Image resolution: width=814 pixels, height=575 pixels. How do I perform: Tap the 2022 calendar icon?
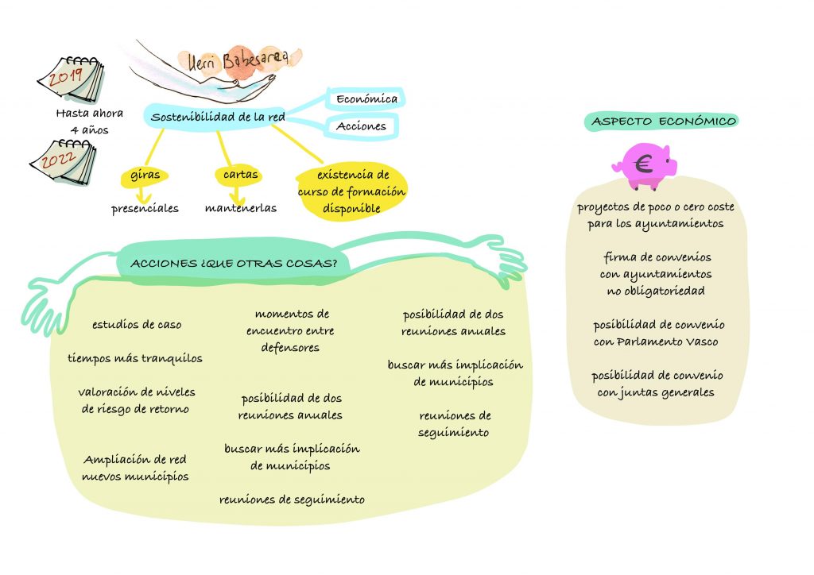click(x=63, y=162)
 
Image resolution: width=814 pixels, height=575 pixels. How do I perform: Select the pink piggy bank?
click(x=644, y=166)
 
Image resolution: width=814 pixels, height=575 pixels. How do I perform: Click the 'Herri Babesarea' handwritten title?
click(x=238, y=60)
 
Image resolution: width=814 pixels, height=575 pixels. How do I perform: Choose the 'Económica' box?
click(x=366, y=99)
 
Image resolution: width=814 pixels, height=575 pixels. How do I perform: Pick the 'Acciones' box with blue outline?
click(x=361, y=125)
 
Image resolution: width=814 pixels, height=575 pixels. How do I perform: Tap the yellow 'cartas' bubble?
click(x=239, y=175)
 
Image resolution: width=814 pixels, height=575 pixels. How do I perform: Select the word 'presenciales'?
click(x=145, y=208)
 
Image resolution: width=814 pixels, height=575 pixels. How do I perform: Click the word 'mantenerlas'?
click(x=240, y=208)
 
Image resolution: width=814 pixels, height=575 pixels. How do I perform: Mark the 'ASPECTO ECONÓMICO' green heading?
click(x=664, y=121)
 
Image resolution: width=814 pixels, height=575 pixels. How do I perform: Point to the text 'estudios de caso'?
click(x=137, y=324)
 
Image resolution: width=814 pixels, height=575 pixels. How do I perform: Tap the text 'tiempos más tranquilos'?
click(x=134, y=358)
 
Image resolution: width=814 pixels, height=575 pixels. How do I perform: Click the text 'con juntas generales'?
click(x=657, y=392)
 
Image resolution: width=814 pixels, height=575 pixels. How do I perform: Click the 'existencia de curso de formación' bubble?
click(x=351, y=191)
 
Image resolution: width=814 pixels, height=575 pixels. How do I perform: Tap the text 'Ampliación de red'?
click(x=134, y=460)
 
